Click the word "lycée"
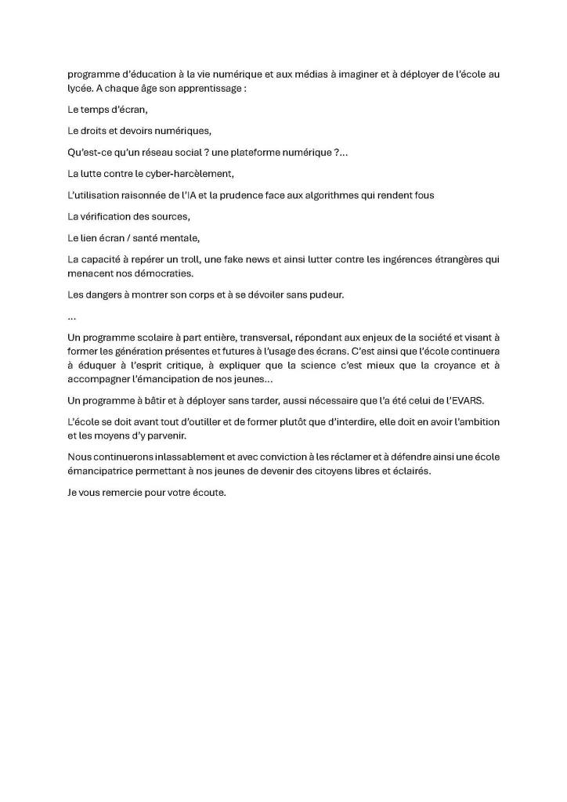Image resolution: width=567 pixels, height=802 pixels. [80, 89]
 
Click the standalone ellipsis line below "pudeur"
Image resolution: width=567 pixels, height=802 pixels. [72, 316]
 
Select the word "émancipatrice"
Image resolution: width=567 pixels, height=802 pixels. [103, 472]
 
